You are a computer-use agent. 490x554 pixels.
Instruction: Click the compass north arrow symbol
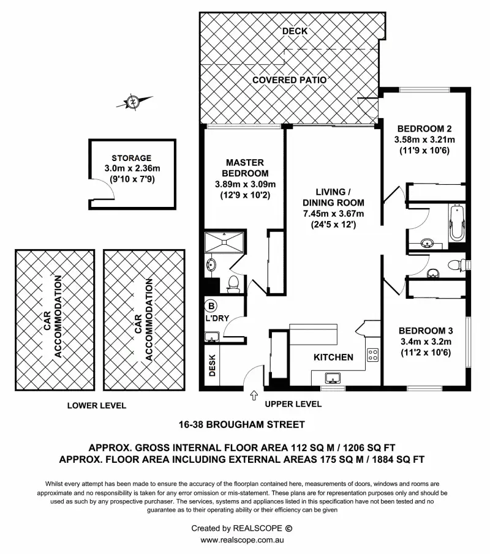132,102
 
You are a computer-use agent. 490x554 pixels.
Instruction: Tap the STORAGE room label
132,158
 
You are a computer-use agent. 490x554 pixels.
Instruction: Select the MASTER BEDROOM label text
245,167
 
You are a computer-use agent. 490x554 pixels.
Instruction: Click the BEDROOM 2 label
424,129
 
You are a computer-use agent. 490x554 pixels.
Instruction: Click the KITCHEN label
333,357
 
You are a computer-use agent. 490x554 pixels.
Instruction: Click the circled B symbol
212,305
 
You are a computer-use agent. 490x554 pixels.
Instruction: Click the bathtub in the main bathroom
456,224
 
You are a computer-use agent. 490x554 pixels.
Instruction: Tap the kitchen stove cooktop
372,354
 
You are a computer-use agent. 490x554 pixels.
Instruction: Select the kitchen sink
334,376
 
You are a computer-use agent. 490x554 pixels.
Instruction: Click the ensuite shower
225,242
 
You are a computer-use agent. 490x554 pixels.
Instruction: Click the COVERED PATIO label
289,80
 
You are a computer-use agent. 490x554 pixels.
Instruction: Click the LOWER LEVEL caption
97,405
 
